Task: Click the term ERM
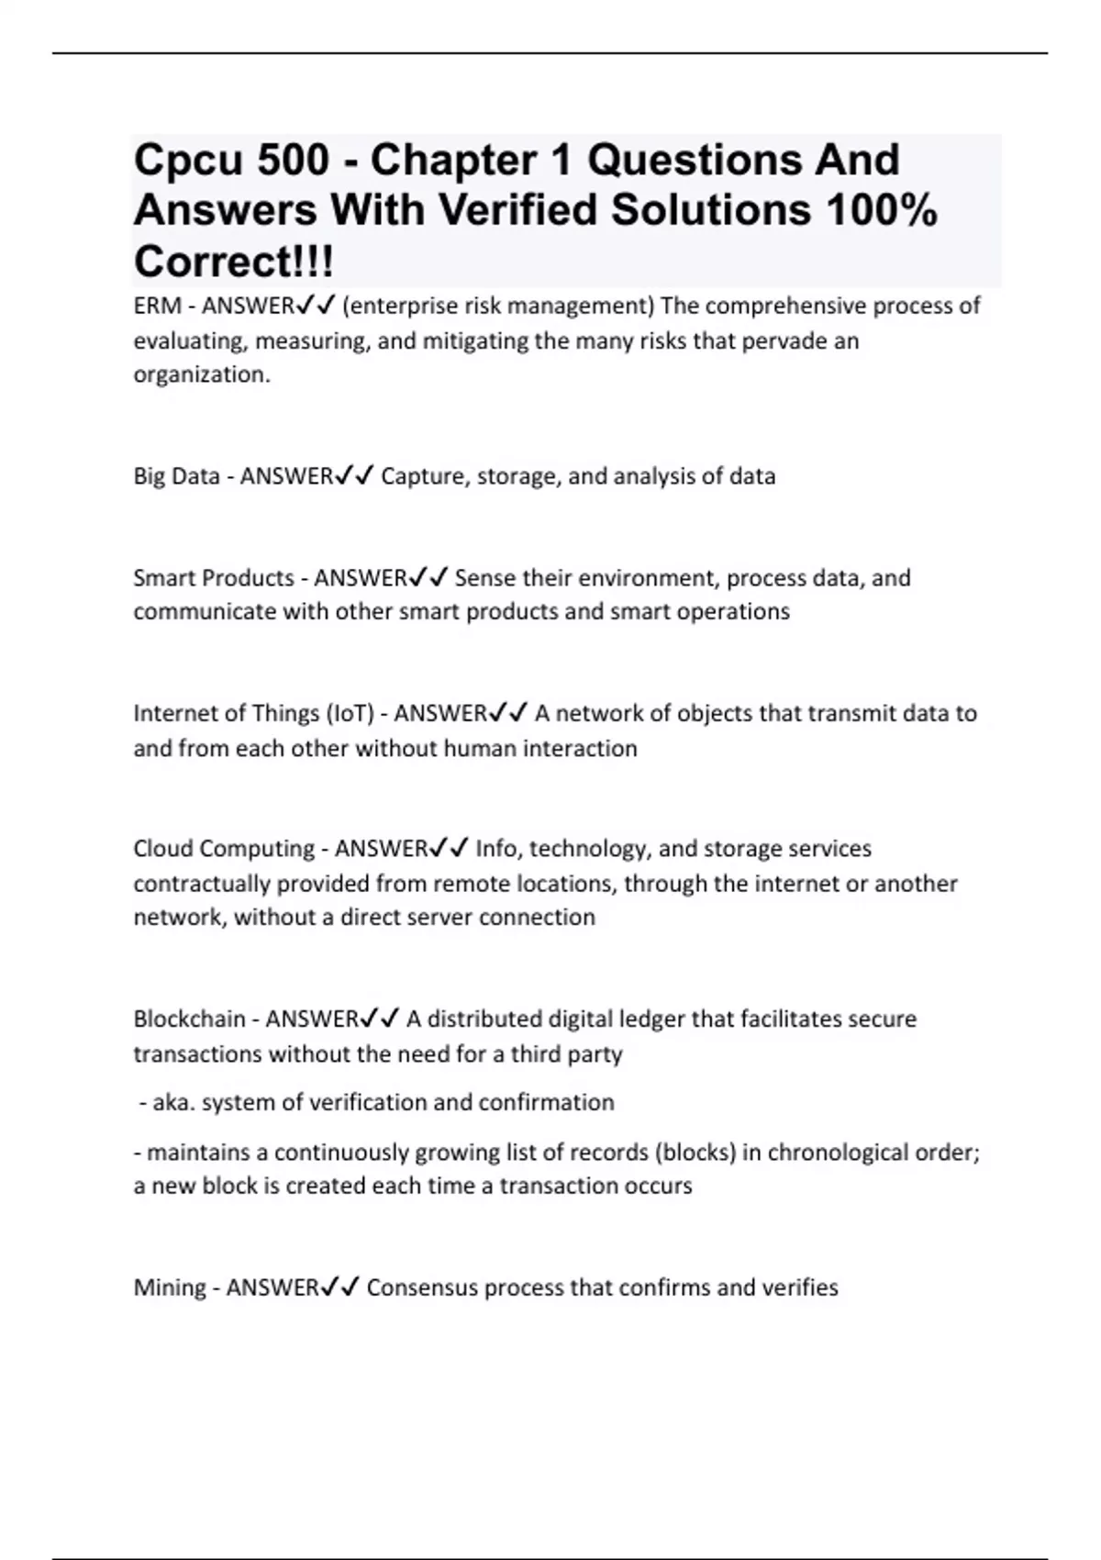(x=157, y=306)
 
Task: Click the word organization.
(x=202, y=374)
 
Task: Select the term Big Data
(x=177, y=476)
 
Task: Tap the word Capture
(x=423, y=476)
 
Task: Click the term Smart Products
(x=214, y=578)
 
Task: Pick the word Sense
(x=484, y=578)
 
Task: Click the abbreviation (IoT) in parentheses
(x=350, y=713)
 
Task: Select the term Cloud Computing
(x=224, y=848)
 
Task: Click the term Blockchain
(x=189, y=1019)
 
